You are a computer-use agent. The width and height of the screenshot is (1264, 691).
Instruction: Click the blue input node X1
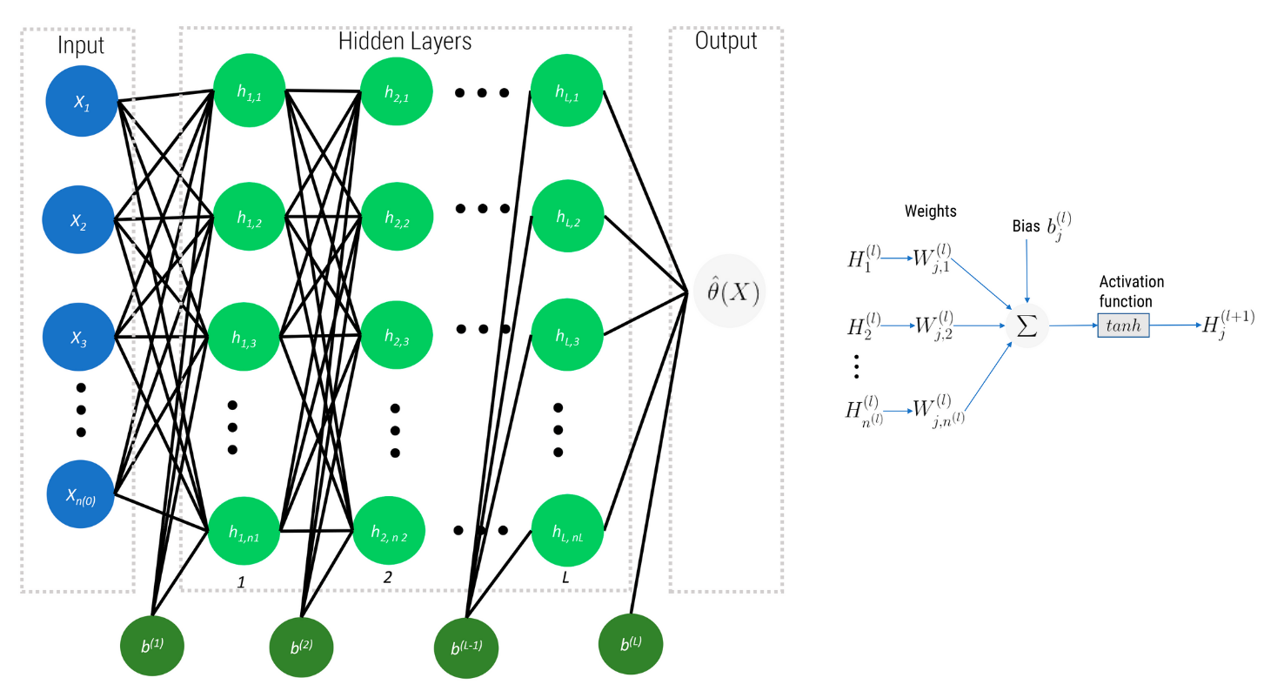coord(80,102)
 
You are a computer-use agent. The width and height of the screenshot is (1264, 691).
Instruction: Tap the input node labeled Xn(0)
coord(80,493)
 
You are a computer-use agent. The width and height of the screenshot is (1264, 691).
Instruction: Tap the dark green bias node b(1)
coord(152,646)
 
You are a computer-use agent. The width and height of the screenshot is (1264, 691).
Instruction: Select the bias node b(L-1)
coord(467,647)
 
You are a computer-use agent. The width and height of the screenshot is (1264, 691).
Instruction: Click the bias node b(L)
coord(631,645)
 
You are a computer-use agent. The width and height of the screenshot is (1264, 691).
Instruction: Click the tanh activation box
coord(1123,325)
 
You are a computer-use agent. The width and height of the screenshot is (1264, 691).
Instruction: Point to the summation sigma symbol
coord(1027,325)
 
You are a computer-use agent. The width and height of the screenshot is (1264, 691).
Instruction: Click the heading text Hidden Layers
coord(405,41)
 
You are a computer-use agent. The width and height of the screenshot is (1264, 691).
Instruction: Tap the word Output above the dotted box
coord(726,41)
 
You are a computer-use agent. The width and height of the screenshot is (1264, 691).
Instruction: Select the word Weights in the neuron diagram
coord(930,211)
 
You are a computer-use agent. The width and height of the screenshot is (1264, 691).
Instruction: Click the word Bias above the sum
coord(1026,226)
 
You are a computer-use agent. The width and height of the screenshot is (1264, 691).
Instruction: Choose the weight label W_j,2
coord(933,327)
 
